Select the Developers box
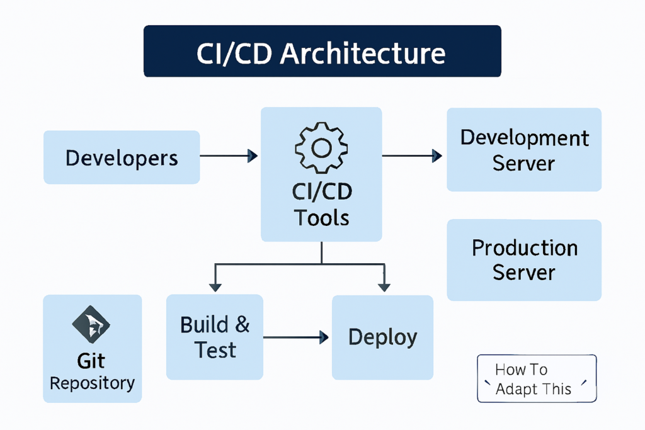[x=122, y=157]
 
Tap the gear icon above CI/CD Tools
[x=321, y=148]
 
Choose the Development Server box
[x=524, y=150]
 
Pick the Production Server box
[x=524, y=259]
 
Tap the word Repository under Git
[x=92, y=383]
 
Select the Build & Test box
[x=215, y=337]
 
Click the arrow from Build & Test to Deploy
[x=296, y=338]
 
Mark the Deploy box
[x=382, y=337]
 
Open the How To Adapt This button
[x=536, y=378]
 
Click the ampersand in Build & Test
[x=242, y=325]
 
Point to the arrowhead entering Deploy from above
[x=384, y=287]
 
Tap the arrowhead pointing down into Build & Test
[x=215, y=287]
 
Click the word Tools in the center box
[x=321, y=218]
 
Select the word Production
[x=525, y=248]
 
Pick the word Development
[x=525, y=138]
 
